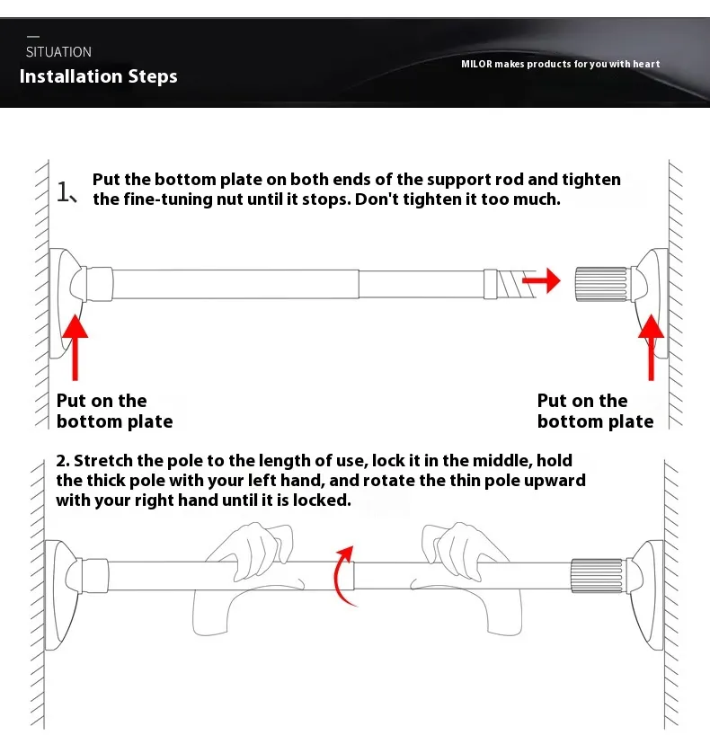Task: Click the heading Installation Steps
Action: click(99, 76)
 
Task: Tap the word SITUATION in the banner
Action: click(58, 52)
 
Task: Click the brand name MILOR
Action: click(476, 64)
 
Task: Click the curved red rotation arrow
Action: click(342, 574)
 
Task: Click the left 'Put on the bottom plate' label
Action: click(114, 412)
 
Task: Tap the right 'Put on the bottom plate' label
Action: click(595, 412)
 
